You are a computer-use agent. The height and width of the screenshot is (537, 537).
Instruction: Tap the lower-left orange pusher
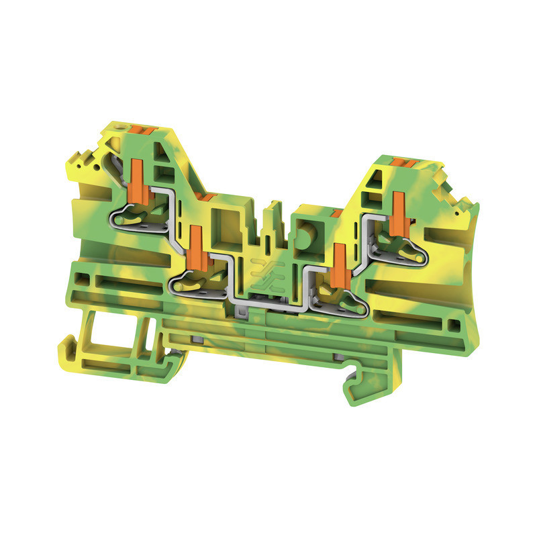click(197, 248)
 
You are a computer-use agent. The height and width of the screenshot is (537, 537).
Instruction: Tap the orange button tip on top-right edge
click(403, 162)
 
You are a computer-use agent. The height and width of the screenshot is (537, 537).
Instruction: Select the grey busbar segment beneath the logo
click(265, 309)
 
